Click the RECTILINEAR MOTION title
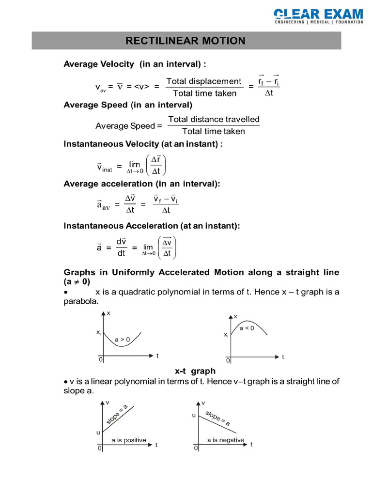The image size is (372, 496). (186, 41)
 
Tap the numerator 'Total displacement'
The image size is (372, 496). (203, 81)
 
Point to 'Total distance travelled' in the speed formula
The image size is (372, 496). (214, 119)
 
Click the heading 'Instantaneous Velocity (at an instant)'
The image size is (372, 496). (143, 144)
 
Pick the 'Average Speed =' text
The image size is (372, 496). (128, 126)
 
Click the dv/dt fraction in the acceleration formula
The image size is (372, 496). (121, 247)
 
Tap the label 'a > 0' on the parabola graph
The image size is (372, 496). (122, 340)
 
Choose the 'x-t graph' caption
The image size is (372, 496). (195, 371)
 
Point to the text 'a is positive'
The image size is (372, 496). (128, 440)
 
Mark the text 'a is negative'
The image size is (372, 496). (225, 440)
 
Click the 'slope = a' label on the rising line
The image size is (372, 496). (117, 415)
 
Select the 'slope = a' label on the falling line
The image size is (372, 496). (218, 418)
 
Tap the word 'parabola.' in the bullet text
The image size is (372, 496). (81, 301)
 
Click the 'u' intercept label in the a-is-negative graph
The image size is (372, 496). (194, 415)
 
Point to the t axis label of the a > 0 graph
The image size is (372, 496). (157, 355)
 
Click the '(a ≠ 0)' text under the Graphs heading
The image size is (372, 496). (77, 281)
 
